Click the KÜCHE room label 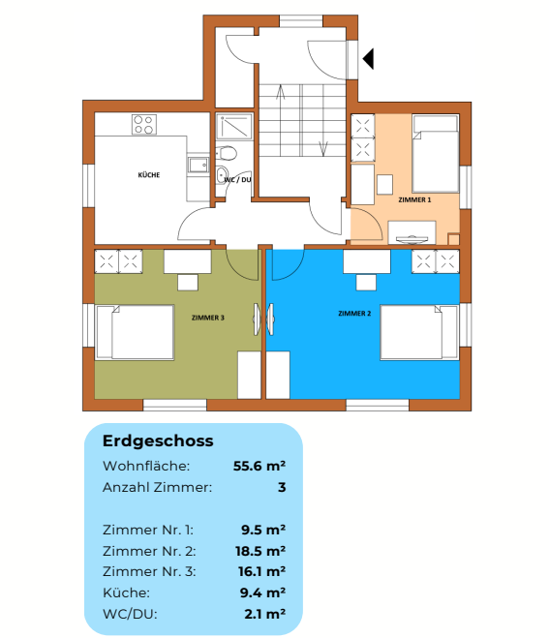click(148, 175)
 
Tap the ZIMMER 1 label click(414, 198)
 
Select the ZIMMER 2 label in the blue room click(354, 314)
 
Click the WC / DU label click(237, 180)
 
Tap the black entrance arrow click(368, 60)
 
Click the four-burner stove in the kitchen click(144, 124)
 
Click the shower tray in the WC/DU click(233, 127)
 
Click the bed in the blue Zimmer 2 click(418, 333)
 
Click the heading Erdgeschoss click(158, 441)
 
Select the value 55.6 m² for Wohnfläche click(259, 466)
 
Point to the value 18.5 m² click(262, 551)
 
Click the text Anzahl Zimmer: click(157, 487)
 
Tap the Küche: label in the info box click(126, 592)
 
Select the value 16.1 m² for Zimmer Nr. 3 click(262, 571)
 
